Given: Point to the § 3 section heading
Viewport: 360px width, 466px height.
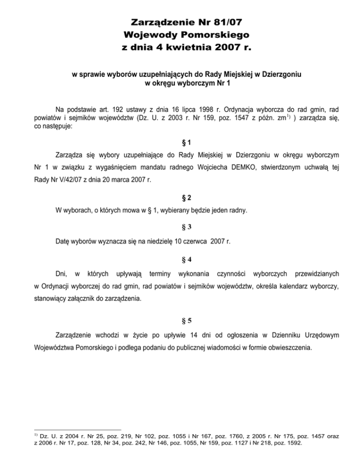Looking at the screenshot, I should point(180,227).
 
